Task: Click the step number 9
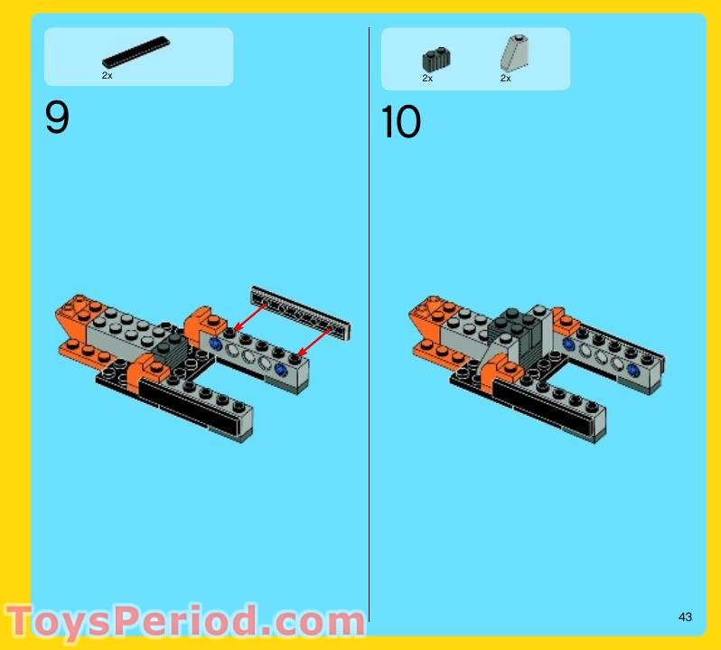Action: (56, 118)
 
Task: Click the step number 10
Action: (401, 123)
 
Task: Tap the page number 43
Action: (685, 617)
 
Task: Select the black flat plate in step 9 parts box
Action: (136, 52)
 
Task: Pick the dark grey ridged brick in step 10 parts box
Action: (435, 60)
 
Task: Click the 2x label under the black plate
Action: (107, 76)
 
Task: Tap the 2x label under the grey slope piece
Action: (506, 79)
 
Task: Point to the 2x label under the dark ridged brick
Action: (427, 79)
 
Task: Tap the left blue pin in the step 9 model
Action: (215, 344)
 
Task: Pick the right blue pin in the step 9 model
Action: (281, 370)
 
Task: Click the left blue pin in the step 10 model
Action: (568, 344)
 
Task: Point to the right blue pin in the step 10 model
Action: (634, 371)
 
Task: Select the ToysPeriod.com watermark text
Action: (185, 623)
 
